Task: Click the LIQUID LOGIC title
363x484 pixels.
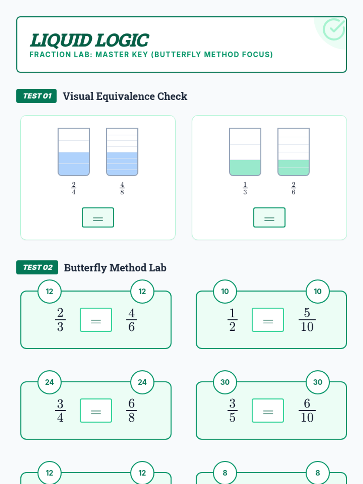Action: coord(89,40)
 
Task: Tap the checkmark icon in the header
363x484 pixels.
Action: coord(334,29)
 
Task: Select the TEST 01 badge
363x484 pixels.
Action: coord(37,96)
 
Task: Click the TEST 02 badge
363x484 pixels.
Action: coord(37,267)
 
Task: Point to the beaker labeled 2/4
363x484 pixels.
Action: coord(74,152)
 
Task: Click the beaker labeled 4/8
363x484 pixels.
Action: coord(122,152)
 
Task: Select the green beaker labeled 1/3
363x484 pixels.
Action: coord(245,152)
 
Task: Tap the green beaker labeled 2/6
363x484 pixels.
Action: coord(293,152)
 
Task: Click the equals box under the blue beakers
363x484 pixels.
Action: coord(98,217)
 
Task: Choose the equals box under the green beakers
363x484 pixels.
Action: coord(269,217)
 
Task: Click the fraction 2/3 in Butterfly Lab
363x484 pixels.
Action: coord(60,320)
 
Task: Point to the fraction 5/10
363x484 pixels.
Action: coord(307,320)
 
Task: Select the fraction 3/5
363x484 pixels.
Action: coord(232,410)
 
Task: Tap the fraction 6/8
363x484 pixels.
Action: coord(131,410)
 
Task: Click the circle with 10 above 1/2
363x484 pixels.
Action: coord(225,291)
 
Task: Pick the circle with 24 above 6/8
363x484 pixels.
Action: coord(142,382)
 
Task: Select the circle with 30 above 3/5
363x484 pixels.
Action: coord(225,382)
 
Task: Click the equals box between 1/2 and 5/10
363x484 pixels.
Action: coord(268,320)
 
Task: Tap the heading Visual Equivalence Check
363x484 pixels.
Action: coord(125,96)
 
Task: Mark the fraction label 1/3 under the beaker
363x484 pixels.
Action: coord(245,188)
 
